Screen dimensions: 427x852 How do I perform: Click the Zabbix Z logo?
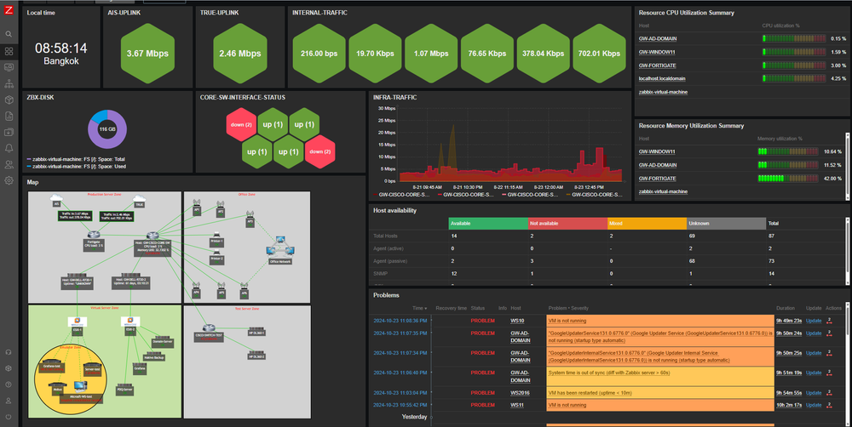coord(8,10)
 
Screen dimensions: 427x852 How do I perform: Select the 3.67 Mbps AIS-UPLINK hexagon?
coord(146,54)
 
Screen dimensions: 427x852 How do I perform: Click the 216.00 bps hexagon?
coord(318,54)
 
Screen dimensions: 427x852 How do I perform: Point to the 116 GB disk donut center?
coord(106,128)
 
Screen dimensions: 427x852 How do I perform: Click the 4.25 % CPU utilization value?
coord(838,78)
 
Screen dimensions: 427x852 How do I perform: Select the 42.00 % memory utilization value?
coord(833,179)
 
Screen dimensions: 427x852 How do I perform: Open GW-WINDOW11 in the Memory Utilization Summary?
coord(657,151)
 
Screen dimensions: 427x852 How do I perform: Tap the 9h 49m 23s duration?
coord(788,321)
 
